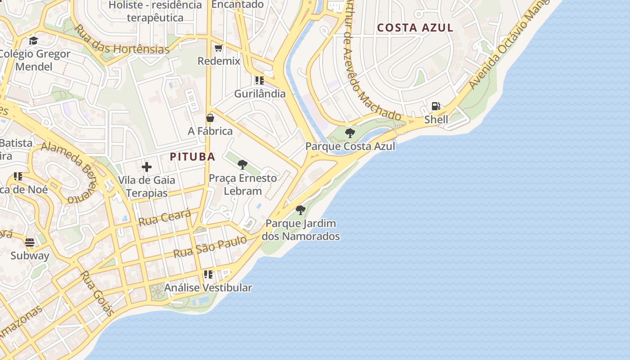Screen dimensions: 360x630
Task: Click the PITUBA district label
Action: pyautogui.click(x=192, y=157)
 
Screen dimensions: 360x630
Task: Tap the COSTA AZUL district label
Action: pyautogui.click(x=415, y=27)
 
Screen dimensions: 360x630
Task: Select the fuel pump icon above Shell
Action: pyautogui.click(x=436, y=106)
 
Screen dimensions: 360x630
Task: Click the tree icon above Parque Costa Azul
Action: pyautogui.click(x=350, y=133)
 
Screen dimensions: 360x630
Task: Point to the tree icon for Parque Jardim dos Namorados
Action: pyautogui.click(x=300, y=210)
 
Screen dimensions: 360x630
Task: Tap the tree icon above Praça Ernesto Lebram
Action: pyautogui.click(x=242, y=165)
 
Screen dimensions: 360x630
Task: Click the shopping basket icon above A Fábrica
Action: pyautogui.click(x=210, y=118)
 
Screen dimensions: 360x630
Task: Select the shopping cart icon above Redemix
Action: pyautogui.click(x=219, y=48)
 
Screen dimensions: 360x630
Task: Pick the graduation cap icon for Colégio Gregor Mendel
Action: pyautogui.click(x=33, y=40)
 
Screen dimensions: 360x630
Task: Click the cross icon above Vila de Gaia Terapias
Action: pyautogui.click(x=146, y=167)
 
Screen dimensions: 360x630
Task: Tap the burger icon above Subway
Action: pyautogui.click(x=30, y=243)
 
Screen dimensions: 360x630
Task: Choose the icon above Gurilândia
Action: pyautogui.click(x=259, y=81)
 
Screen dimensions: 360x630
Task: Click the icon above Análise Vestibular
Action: pyautogui.click(x=208, y=274)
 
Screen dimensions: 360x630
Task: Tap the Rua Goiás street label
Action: pyautogui.click(x=96, y=293)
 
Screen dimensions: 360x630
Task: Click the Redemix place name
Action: pyautogui.click(x=219, y=61)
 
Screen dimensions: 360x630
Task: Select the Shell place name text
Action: pyautogui.click(x=436, y=119)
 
